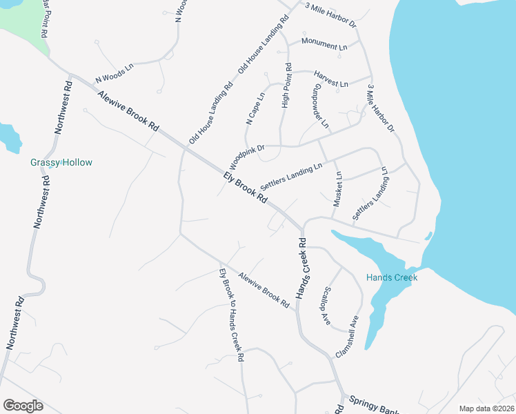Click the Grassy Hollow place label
coord(61,163)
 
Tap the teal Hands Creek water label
coord(391,277)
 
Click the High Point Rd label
coord(288,86)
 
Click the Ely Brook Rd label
coord(245,187)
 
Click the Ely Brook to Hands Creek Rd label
coord(232,314)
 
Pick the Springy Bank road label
coord(372,404)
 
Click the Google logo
coord(23,406)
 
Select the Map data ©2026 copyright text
coord(486,408)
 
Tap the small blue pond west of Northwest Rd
coord(10,137)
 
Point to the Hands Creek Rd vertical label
coord(301,269)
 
